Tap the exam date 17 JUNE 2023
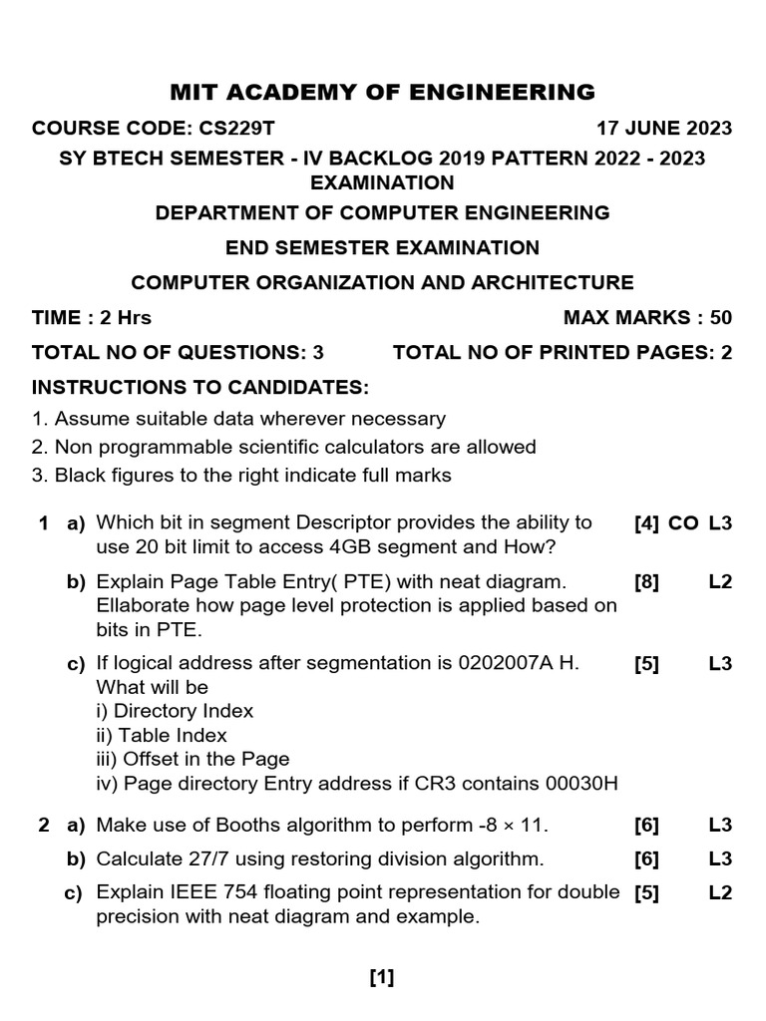coord(663,128)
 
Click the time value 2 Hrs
coord(121,318)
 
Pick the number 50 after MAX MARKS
coord(720,318)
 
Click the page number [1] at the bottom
coord(382,978)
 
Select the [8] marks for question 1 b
coord(646,581)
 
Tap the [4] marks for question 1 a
coord(646,522)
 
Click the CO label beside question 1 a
coord(683,522)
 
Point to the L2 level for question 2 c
coord(720,892)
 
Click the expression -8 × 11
coord(506,825)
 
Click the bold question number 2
coord(43,825)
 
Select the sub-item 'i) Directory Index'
coord(175,711)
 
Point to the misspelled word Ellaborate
coord(142,605)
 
